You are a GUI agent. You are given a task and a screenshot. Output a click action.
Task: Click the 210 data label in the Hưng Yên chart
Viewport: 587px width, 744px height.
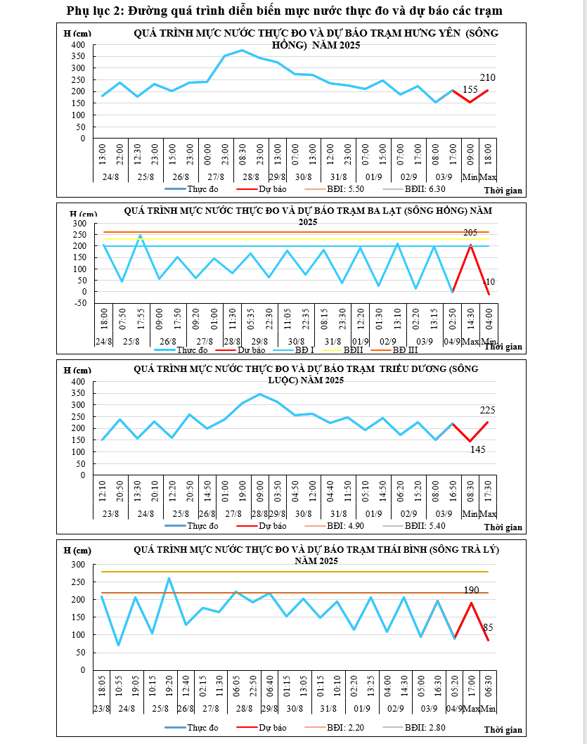489,77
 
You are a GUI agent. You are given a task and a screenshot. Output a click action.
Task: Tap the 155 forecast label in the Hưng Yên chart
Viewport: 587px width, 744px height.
470,89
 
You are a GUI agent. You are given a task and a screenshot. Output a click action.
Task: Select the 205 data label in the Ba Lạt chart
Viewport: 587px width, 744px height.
470,233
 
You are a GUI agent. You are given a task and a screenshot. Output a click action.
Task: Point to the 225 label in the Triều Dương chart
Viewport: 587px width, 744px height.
489,410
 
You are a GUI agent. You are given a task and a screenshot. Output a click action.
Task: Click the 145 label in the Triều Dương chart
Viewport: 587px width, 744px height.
478,450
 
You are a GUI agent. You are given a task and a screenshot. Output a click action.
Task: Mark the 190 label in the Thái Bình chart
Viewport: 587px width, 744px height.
472,590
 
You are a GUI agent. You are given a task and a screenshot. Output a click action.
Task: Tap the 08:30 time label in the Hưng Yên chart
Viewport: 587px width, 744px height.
242,153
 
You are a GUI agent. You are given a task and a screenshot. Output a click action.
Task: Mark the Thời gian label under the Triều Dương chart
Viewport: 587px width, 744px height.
503,527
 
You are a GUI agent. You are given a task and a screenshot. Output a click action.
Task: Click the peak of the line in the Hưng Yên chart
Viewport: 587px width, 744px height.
242,51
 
